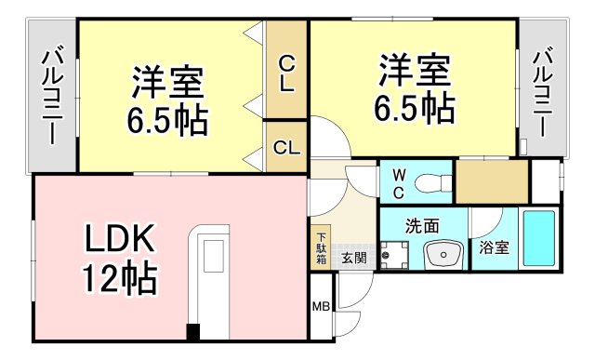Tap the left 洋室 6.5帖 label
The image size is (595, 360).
[168, 100]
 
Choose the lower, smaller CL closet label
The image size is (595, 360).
[285, 147]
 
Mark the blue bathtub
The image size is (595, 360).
[538, 239]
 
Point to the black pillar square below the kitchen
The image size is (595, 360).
[192, 331]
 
